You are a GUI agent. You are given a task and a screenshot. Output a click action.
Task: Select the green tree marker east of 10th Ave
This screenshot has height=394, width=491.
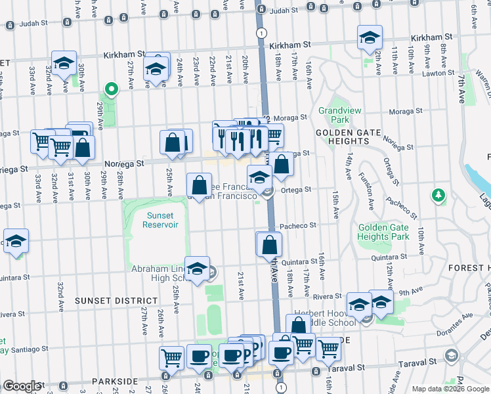pos(437,195)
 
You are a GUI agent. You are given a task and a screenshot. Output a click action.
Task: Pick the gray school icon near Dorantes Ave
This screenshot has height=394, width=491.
pos(452,355)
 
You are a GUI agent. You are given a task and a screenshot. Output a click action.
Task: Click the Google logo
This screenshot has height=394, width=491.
pos(22,386)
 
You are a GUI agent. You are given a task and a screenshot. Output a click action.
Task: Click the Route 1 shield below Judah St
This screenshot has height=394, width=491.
pos(262,33)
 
